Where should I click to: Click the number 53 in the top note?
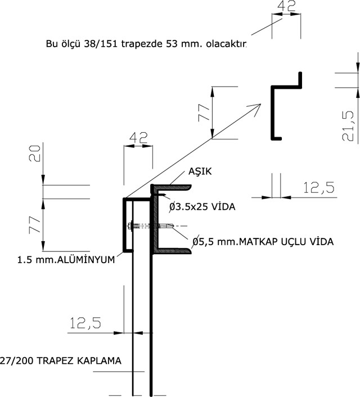pos(173,44)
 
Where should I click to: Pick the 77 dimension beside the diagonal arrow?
pos(204,112)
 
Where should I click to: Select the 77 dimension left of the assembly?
pos(35,224)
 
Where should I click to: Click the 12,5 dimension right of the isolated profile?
pos(318,188)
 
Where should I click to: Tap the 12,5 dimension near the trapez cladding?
pos(85,323)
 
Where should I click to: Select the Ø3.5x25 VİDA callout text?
pos(202,206)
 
